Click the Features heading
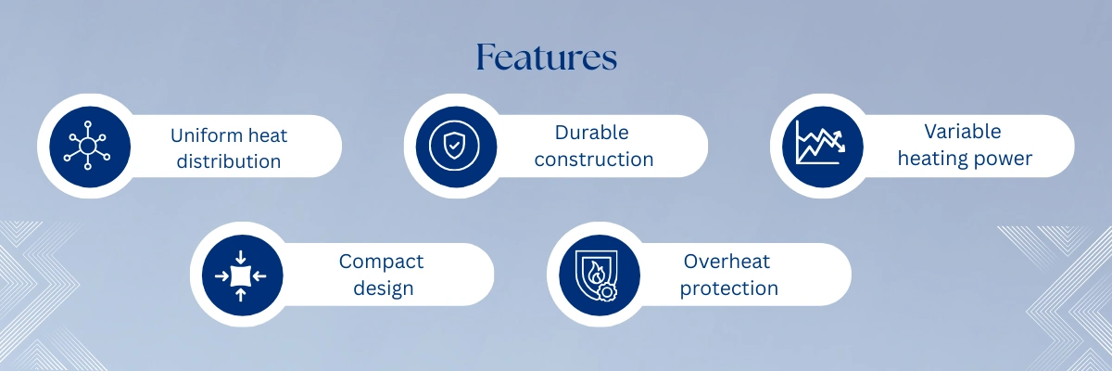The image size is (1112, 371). coord(547,57)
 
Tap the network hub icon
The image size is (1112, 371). coord(87,146)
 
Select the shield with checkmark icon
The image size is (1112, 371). coord(454,147)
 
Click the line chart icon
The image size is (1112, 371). coord(820,143)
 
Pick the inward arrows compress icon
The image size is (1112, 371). coord(240,275)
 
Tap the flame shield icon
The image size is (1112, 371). coord(596,275)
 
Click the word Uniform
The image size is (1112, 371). coord(202,135)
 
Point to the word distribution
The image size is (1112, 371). coord(229,161)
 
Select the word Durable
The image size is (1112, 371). coord(592,133)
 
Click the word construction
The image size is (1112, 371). coord(594,160)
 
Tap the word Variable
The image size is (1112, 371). coord(963,132)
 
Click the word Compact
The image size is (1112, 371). coord(381,262)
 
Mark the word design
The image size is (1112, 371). coord(384,288)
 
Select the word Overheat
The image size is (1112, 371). coord(727,262)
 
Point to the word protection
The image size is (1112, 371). coord(728,288)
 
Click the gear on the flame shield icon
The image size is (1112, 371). coord(606,291)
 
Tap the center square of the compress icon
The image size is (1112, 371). coord(241,275)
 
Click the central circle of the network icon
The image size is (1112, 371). coord(87,146)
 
